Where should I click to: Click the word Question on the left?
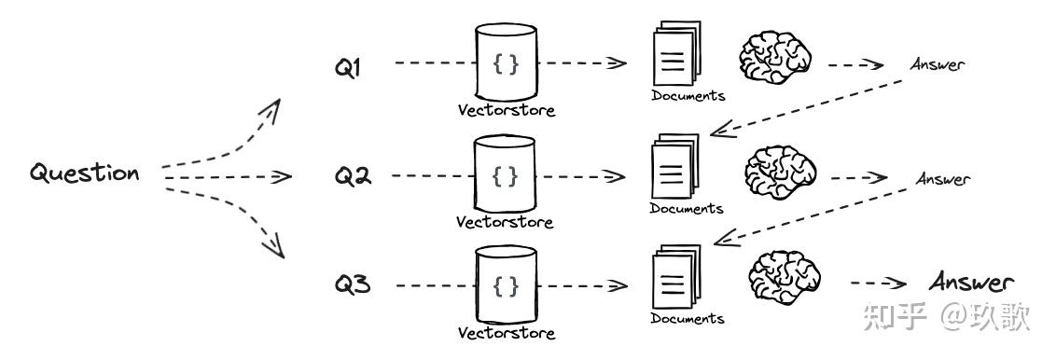click(x=85, y=173)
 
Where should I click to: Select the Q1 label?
click(x=349, y=68)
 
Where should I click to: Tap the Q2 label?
click(x=354, y=176)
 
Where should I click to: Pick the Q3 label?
click(x=354, y=284)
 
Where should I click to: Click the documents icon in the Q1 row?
click(x=673, y=59)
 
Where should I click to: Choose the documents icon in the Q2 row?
click(x=674, y=169)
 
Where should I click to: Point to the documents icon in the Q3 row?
click(x=674, y=279)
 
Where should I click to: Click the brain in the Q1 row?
click(x=775, y=60)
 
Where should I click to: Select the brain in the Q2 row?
click(x=780, y=173)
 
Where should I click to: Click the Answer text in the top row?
click(x=938, y=64)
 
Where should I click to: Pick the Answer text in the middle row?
click(x=942, y=178)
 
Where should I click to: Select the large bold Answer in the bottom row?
click(x=970, y=283)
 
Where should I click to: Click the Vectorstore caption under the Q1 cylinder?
click(x=506, y=110)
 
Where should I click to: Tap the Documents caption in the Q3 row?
click(x=688, y=319)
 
